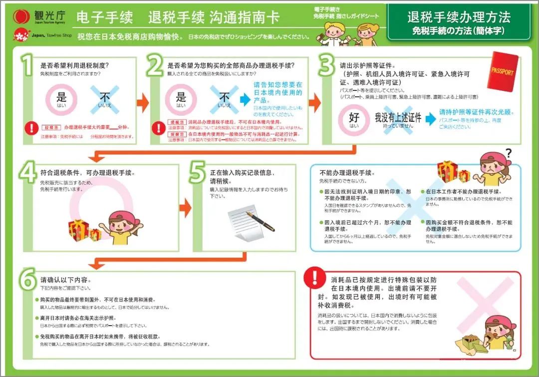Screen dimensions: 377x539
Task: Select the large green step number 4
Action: click(28, 173)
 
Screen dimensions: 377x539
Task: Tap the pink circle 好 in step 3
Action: click(354, 120)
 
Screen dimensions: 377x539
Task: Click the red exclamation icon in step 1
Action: click(32, 128)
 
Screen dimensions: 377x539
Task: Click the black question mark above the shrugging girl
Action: click(508, 153)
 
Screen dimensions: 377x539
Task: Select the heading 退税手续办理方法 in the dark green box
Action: click(459, 17)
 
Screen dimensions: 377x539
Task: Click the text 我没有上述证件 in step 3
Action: click(398, 118)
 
